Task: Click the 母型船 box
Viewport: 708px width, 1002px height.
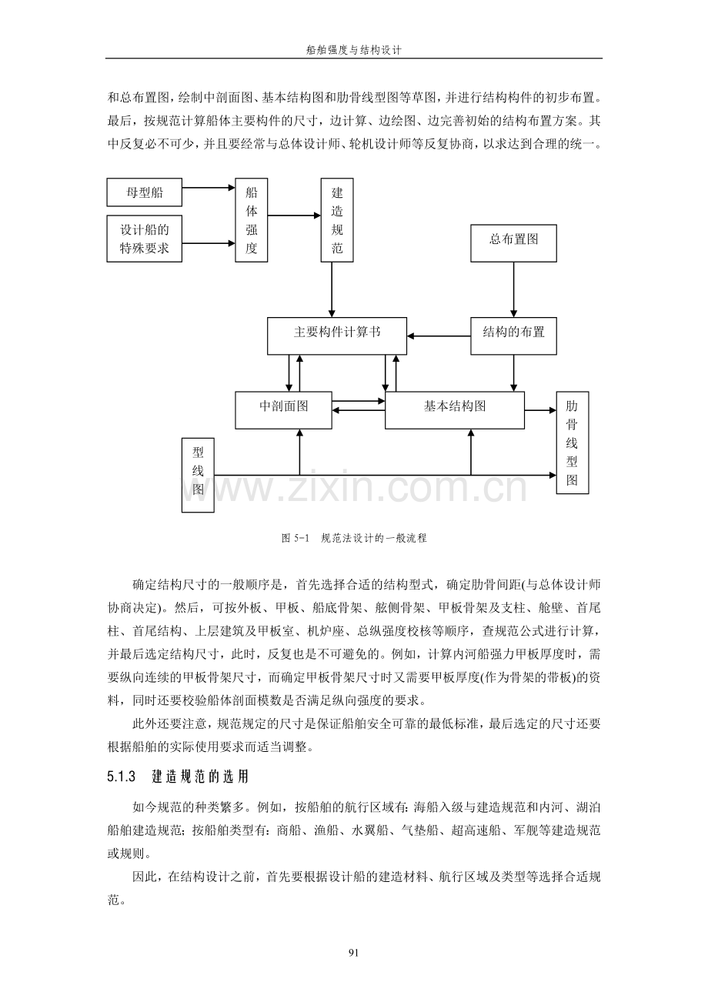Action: pyautogui.click(x=144, y=192)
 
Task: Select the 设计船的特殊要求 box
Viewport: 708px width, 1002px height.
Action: pyautogui.click(x=144, y=239)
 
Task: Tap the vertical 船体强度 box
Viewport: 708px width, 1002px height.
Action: pyautogui.click(x=252, y=220)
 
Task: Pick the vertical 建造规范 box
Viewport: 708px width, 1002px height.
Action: pyautogui.click(x=337, y=220)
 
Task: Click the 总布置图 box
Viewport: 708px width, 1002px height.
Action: pyautogui.click(x=513, y=243)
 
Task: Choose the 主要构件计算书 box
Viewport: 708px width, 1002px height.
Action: pyautogui.click(x=337, y=336)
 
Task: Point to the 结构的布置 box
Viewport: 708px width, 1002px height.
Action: pyautogui.click(x=513, y=336)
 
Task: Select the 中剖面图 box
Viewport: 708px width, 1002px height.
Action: pyautogui.click(x=283, y=410)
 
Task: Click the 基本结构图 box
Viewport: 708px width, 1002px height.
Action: pyautogui.click(x=454, y=410)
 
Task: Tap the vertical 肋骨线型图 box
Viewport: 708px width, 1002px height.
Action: pyautogui.click(x=573, y=443)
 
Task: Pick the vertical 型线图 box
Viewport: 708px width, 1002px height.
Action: pyautogui.click(x=198, y=475)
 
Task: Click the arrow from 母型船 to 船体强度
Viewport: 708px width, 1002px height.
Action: pyautogui.click(x=209, y=188)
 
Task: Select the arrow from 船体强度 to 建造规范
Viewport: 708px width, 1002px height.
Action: pyautogui.click(x=294, y=215)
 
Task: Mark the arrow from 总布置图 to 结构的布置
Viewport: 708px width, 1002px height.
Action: pyautogui.click(x=513, y=290)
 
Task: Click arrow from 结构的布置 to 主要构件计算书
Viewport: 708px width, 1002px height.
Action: pyautogui.click(x=439, y=336)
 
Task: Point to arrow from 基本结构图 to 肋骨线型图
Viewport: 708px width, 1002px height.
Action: pyautogui.click(x=540, y=410)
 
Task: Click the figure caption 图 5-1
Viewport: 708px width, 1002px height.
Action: pyautogui.click(x=296, y=538)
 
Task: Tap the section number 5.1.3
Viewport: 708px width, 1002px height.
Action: pyautogui.click(x=121, y=777)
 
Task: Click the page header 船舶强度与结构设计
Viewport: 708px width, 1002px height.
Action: pyautogui.click(x=353, y=50)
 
